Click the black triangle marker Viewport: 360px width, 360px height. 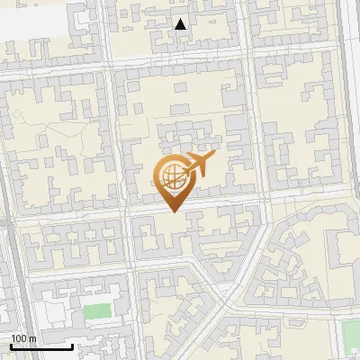(181, 24)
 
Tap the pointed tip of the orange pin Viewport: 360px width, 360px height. (175, 211)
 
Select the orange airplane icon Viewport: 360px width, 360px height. (198, 165)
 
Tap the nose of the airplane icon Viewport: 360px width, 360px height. (214, 157)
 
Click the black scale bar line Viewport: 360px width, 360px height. (41, 346)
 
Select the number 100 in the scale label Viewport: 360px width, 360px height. (20, 338)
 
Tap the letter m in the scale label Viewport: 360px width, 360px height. (33, 338)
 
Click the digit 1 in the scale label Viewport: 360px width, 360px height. (13, 338)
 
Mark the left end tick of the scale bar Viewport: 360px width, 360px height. (11, 345)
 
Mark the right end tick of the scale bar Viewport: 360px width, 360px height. (72, 345)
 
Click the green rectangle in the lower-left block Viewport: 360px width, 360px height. (95, 314)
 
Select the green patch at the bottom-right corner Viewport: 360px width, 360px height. (351, 337)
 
